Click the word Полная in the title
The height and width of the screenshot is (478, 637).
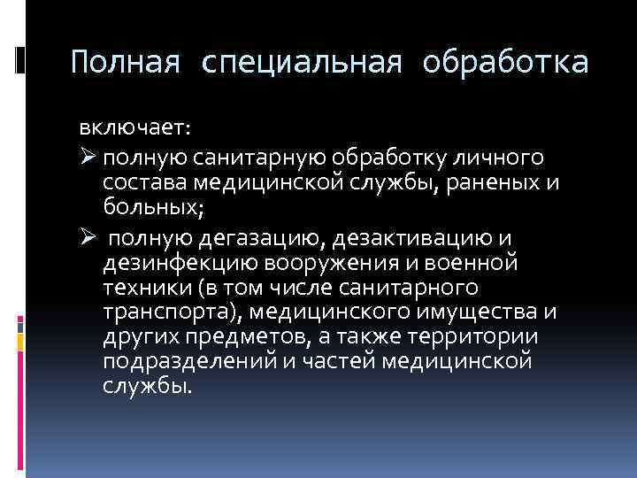(127, 63)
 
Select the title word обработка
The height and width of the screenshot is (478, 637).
(504, 63)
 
